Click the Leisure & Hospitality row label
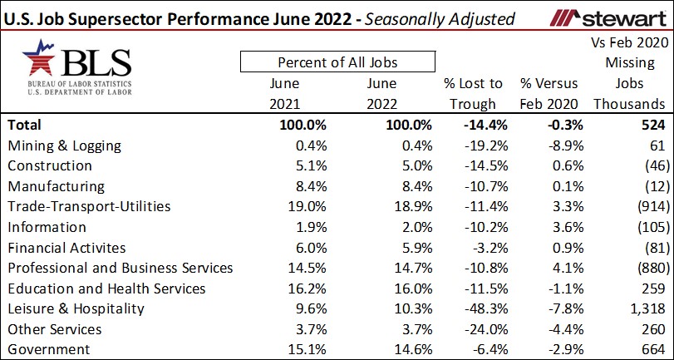point(76,308)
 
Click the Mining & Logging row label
point(64,145)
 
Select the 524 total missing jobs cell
point(653,125)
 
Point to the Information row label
point(47,227)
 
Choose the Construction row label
point(49,166)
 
